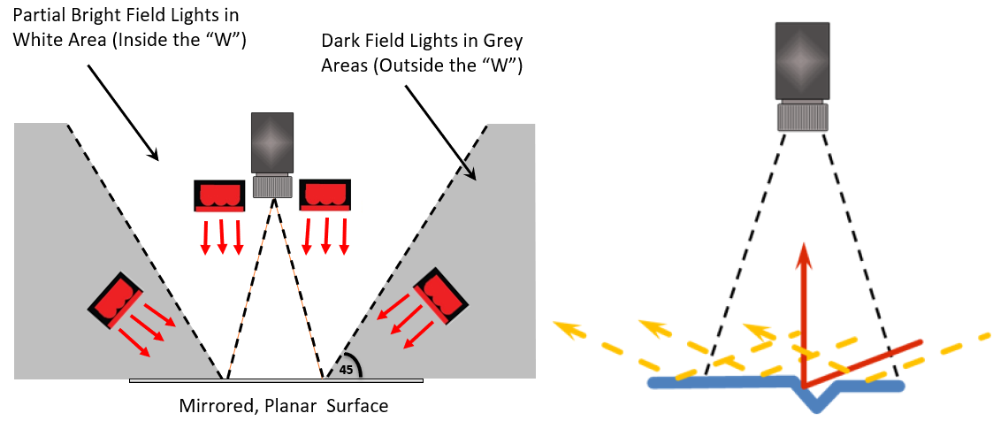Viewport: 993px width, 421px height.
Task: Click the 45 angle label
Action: [x=346, y=370]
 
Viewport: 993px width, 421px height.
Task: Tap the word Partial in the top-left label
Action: [x=38, y=17]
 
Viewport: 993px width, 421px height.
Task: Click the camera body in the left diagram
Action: [x=271, y=142]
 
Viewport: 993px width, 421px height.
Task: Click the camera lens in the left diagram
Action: [x=271, y=186]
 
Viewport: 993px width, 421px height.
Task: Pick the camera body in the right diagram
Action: [x=803, y=59]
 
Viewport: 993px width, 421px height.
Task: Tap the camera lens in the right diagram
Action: [x=803, y=117]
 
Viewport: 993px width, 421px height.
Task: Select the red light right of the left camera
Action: [x=325, y=195]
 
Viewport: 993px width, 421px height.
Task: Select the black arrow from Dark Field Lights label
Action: [x=440, y=130]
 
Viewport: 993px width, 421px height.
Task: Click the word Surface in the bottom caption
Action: [x=355, y=406]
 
